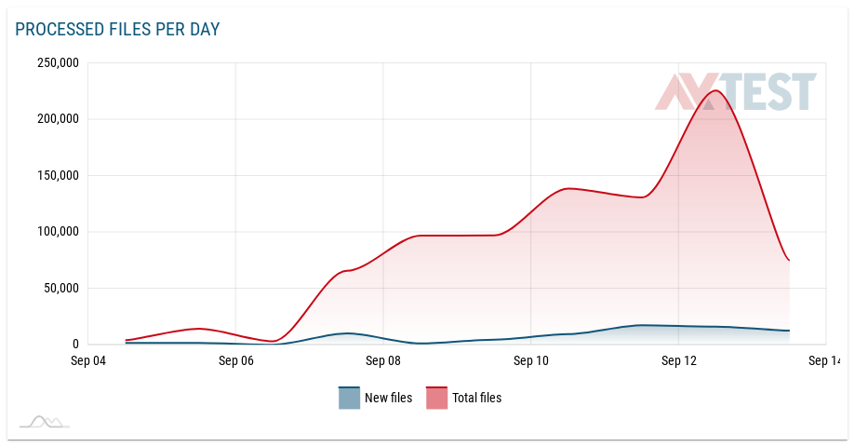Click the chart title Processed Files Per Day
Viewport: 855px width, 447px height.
click(x=117, y=30)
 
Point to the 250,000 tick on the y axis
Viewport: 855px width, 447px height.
click(x=58, y=63)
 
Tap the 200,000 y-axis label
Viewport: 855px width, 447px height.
click(x=58, y=119)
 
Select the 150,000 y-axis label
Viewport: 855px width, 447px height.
click(x=58, y=175)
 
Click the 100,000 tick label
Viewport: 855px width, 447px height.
click(x=58, y=232)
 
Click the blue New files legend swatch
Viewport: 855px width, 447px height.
click(x=349, y=398)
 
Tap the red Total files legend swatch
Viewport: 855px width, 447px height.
click(x=436, y=398)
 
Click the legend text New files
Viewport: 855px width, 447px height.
click(x=388, y=398)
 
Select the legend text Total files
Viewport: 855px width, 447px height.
click(x=476, y=398)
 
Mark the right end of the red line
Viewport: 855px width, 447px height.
click(x=789, y=260)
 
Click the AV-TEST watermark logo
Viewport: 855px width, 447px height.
click(x=736, y=92)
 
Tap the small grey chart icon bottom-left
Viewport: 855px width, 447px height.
click(x=45, y=422)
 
